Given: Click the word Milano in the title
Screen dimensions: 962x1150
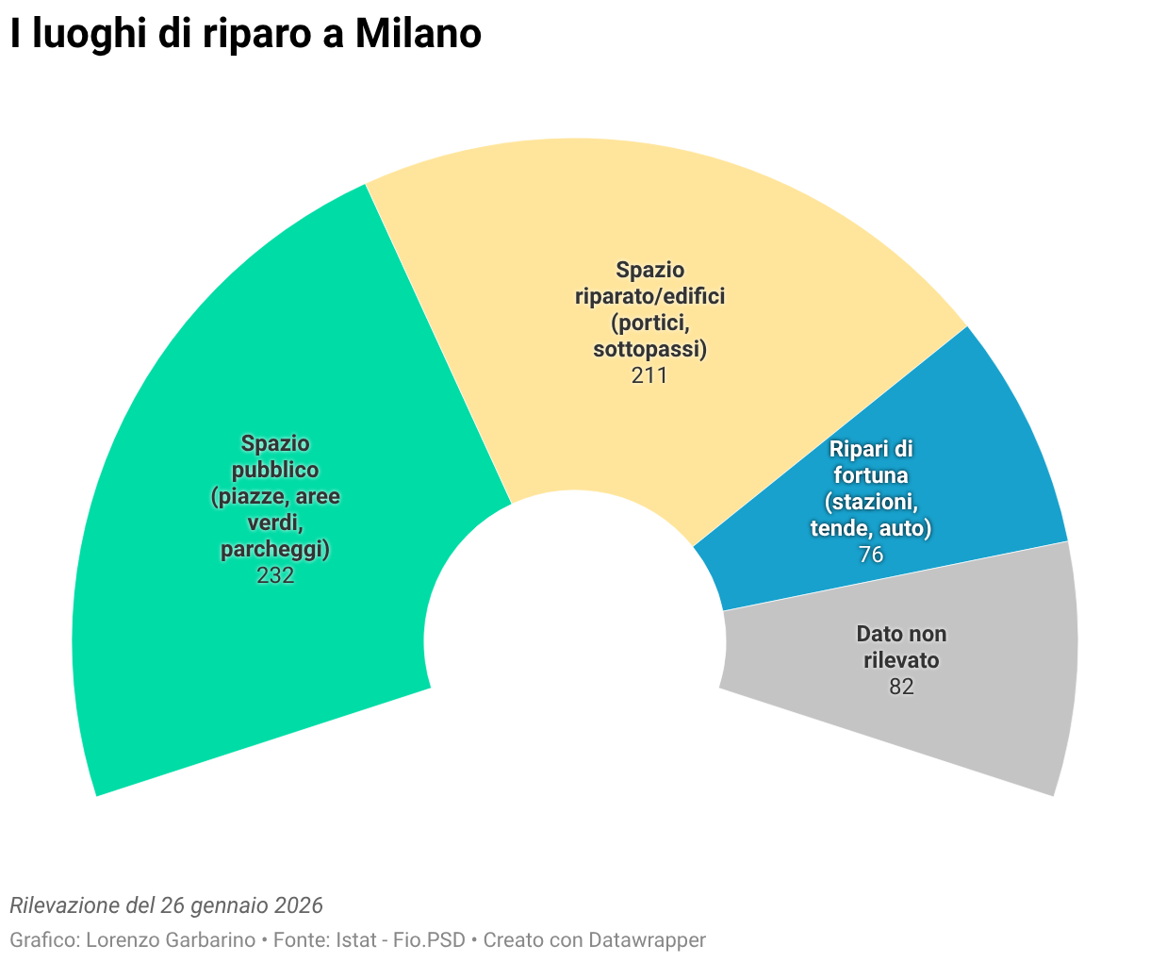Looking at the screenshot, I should point(418,35).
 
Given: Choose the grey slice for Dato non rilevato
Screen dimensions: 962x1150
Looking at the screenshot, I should point(980,717).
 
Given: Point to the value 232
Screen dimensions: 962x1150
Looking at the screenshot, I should point(275,575).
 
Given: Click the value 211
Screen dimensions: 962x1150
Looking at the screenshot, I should point(649,375).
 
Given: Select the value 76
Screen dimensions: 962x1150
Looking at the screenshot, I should point(871,555).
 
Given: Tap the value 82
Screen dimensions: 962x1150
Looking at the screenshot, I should point(901,687).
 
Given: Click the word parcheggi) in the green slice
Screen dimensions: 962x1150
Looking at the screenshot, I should point(275,549).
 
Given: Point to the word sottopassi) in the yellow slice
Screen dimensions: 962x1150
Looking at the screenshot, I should point(649,349).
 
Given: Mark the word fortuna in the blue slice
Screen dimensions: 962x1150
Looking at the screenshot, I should point(871,475).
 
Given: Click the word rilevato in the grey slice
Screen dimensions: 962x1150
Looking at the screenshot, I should point(901,660).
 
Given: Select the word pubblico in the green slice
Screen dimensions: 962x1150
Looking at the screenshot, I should point(275,470).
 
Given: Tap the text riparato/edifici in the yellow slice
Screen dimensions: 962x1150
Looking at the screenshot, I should point(649,296).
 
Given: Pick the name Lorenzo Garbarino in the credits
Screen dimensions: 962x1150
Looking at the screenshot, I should point(171,940).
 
